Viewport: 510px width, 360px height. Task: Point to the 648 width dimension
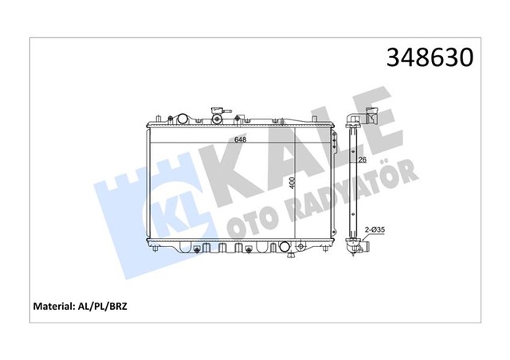239,140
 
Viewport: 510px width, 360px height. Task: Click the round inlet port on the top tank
182,119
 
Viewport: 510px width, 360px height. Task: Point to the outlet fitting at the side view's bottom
353,250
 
